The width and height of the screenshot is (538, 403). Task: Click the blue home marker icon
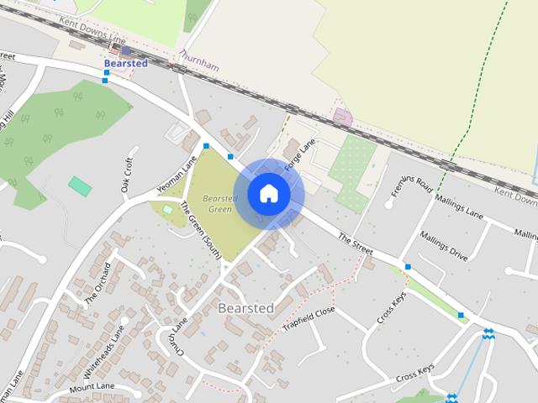click(x=268, y=194)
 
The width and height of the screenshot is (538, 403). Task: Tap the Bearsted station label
click(x=125, y=63)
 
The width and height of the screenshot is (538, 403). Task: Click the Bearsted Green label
click(x=220, y=203)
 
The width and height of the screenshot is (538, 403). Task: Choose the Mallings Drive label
click(x=443, y=247)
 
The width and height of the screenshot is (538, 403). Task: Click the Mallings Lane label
click(x=460, y=208)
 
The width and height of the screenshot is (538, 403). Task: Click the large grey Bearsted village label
click(x=245, y=308)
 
